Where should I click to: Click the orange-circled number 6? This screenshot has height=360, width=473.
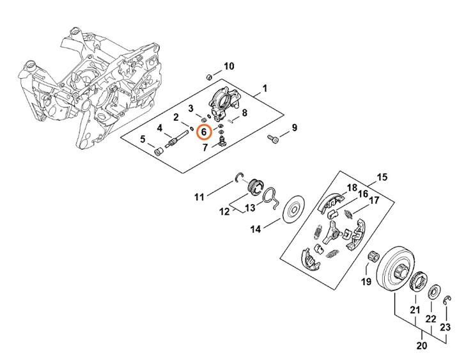point(204,132)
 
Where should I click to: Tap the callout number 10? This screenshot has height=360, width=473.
point(228,66)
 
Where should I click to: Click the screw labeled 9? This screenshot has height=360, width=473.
point(274,137)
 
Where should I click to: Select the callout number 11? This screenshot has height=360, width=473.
point(199,196)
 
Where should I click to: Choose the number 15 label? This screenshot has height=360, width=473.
point(382,176)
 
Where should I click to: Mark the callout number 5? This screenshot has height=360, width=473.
point(143,138)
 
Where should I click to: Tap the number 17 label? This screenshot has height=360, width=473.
point(374,200)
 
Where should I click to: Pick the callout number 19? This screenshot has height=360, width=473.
point(367,281)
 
